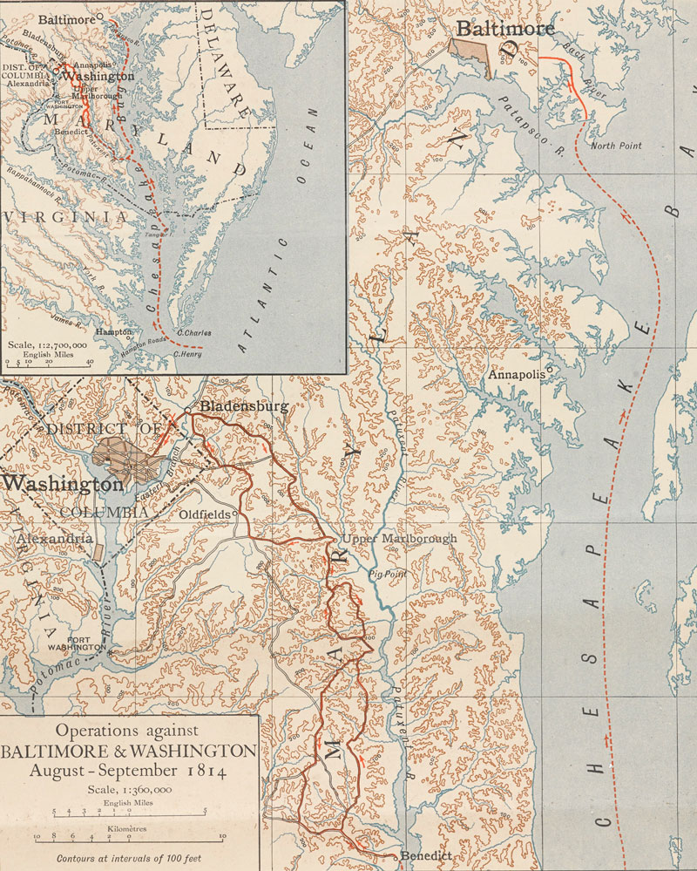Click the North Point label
tap(616, 146)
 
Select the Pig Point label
tap(388, 575)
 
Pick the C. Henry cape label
tap(187, 354)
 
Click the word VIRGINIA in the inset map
tap(52, 215)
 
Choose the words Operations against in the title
tap(127, 730)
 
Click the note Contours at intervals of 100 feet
tap(128, 858)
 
